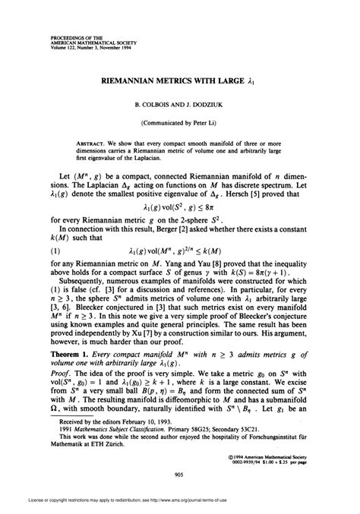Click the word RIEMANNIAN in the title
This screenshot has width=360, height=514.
[x=124, y=78]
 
